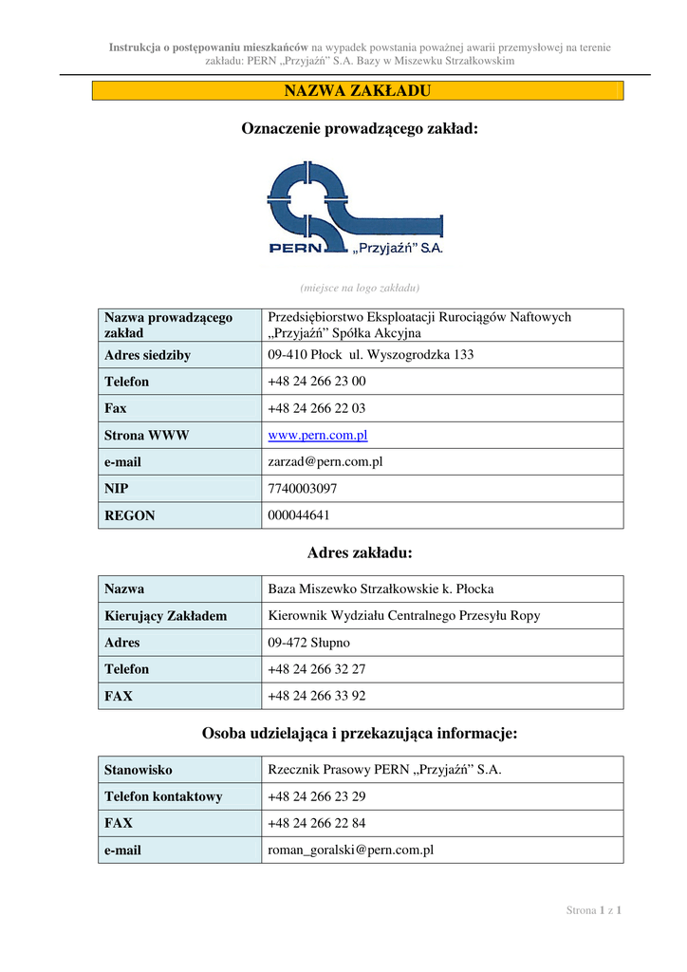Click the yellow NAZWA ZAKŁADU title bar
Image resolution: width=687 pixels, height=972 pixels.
(358, 91)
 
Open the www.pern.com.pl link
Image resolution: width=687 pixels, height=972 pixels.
(318, 435)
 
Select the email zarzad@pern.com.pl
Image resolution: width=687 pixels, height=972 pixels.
(325, 461)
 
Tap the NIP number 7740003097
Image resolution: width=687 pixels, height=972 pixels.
(303, 488)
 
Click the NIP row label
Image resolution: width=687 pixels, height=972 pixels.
(117, 489)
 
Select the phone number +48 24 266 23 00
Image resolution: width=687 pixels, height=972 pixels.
(317, 382)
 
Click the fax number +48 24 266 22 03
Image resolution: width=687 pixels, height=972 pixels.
(317, 408)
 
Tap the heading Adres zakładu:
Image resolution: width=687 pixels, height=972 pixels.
(360, 552)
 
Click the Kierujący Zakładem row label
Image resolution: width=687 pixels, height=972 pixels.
(166, 616)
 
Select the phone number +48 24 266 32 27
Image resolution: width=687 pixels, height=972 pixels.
(317, 668)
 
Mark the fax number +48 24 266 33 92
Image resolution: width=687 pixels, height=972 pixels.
(317, 695)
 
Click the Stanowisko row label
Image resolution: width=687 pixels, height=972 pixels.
(139, 770)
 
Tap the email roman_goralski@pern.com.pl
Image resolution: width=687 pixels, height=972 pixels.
(351, 850)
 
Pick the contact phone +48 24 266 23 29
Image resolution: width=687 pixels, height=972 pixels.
(317, 796)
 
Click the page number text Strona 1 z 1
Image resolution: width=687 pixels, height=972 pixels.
(594, 911)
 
